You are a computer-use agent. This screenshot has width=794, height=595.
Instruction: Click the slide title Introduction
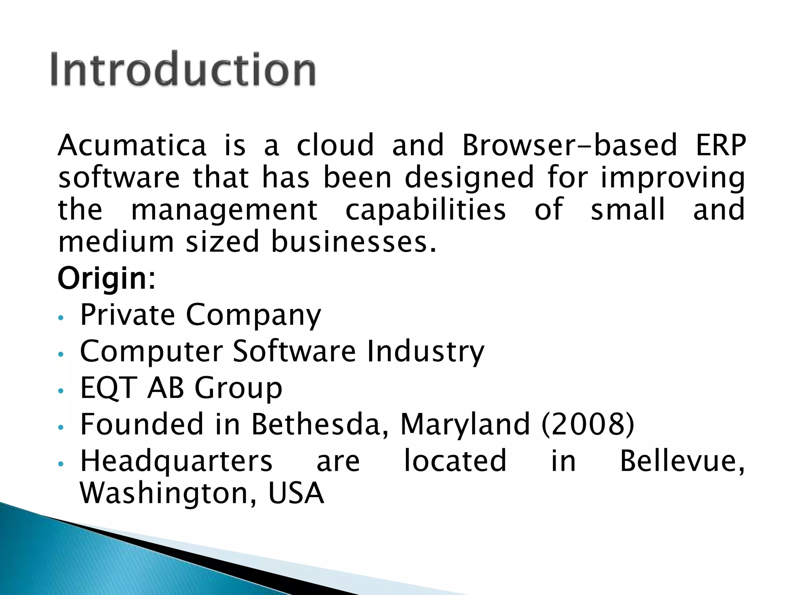[183, 69]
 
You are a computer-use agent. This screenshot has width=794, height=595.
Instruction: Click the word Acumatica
[132, 145]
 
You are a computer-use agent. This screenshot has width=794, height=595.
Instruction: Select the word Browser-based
[570, 145]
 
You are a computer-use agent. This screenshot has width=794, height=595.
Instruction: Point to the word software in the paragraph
[119, 177]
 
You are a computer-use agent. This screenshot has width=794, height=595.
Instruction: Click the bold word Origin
[102, 279]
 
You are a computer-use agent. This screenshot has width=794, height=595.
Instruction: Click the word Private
[128, 315]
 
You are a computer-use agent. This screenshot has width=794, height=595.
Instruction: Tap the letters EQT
[108, 388]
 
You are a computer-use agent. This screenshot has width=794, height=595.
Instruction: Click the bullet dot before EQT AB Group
[60, 391]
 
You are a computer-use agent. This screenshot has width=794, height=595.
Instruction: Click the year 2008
[587, 424]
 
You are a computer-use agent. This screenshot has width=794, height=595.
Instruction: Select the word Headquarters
[176, 461]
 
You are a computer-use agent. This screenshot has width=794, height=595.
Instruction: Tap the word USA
[296, 493]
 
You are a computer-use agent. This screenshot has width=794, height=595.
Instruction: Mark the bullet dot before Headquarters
[60, 464]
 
